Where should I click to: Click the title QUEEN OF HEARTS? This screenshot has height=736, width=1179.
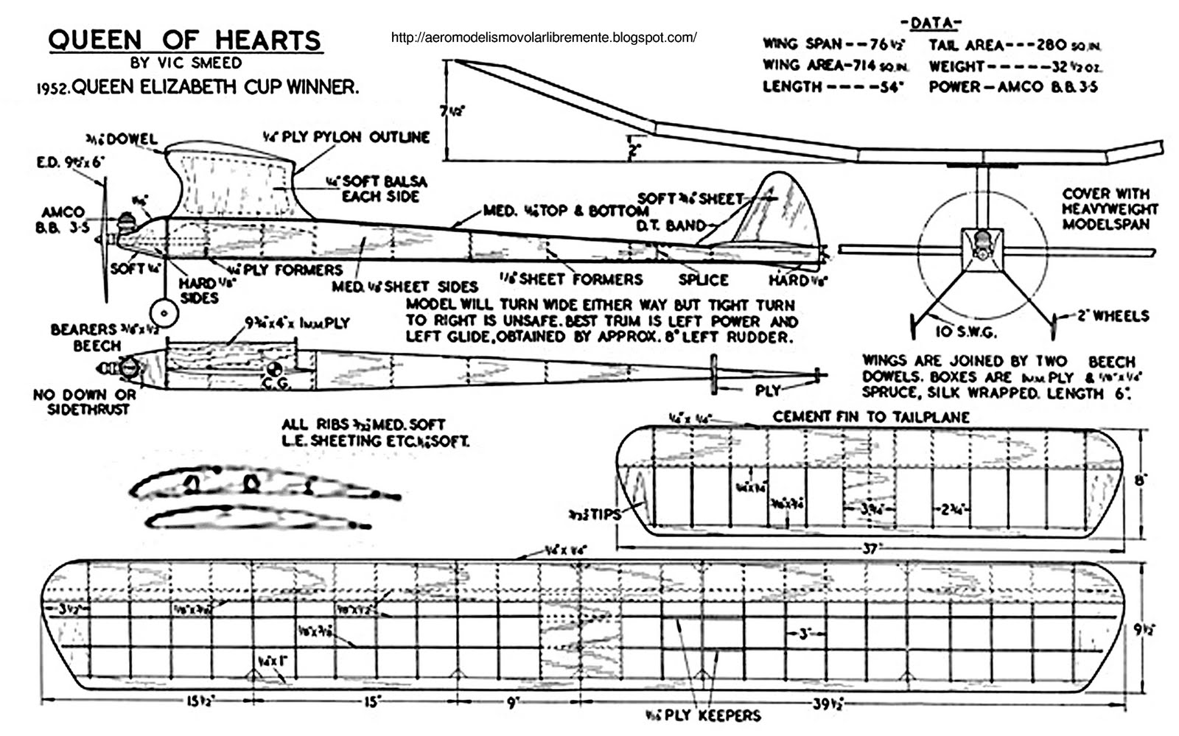click(185, 40)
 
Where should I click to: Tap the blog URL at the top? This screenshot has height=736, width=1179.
click(544, 37)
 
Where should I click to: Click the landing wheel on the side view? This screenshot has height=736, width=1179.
click(164, 313)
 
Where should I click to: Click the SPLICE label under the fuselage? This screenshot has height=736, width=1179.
click(703, 280)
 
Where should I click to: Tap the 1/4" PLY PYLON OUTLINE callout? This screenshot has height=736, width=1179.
click(346, 137)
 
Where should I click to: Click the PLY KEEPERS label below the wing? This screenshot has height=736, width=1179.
click(702, 715)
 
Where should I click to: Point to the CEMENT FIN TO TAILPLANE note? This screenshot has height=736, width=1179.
click(870, 416)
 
